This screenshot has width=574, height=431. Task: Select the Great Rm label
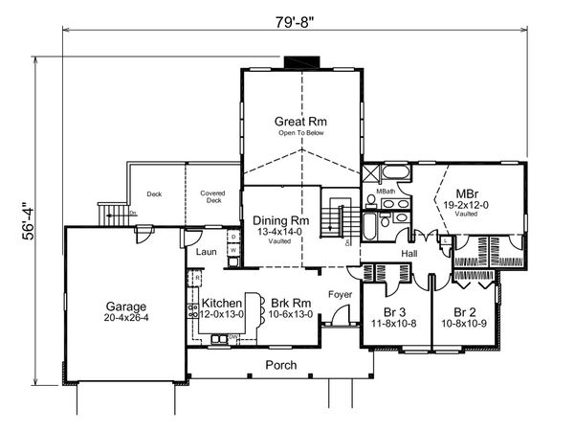click(x=299, y=122)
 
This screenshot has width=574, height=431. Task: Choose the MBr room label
click(x=467, y=192)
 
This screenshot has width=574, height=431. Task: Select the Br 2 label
click(x=465, y=312)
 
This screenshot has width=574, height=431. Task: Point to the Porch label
click(x=280, y=365)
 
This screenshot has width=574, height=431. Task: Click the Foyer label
click(x=340, y=294)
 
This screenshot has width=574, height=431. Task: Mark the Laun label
click(x=206, y=252)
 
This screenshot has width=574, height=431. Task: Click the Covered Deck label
click(x=211, y=197)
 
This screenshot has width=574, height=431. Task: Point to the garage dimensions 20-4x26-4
click(x=126, y=316)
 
